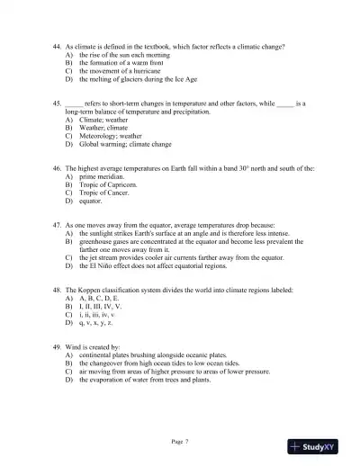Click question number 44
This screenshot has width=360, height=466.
pyautogui.click(x=58, y=44)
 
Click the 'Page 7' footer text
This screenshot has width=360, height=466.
pyautogui.click(x=180, y=442)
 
